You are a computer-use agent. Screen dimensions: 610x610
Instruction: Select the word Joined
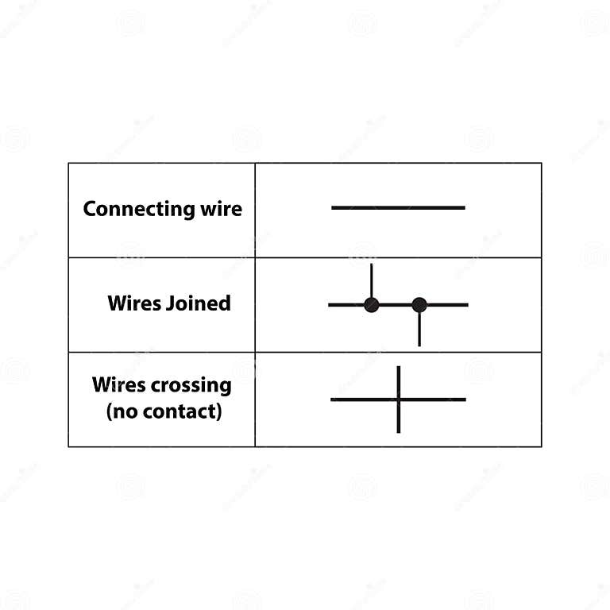click(x=199, y=303)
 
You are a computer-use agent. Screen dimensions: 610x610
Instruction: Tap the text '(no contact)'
click(x=164, y=412)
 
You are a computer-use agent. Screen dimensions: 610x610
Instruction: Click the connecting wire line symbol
click(x=397, y=208)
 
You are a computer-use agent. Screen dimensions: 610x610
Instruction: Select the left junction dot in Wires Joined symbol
click(x=371, y=304)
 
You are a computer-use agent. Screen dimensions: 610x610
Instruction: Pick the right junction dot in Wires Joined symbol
click(x=419, y=304)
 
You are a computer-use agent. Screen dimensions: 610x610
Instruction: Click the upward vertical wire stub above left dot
click(x=371, y=279)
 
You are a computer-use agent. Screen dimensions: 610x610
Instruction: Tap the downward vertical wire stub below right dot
click(x=419, y=330)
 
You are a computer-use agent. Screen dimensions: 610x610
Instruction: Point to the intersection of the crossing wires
click(x=398, y=399)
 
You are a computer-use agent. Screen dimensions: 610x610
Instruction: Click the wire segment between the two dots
click(x=396, y=304)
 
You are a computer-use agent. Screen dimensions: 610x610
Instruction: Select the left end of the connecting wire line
click(x=334, y=208)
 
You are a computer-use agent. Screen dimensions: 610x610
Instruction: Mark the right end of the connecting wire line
click(x=463, y=208)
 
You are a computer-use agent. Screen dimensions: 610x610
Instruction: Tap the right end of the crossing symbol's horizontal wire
click(x=464, y=399)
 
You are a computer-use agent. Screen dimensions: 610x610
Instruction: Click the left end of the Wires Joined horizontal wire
click(x=330, y=304)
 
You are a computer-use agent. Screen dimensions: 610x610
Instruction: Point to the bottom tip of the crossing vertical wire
click(x=398, y=430)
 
